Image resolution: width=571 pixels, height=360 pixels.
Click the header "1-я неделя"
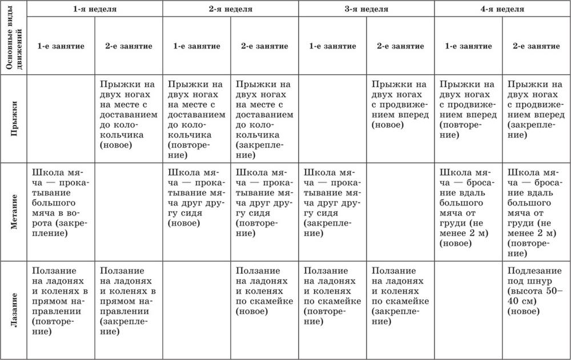(95, 10)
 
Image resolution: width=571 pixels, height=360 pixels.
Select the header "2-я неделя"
(230, 10)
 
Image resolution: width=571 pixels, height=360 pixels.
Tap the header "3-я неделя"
(367, 10)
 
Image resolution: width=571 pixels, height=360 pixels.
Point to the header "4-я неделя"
(502, 10)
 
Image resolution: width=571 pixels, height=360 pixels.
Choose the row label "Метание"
(14, 212)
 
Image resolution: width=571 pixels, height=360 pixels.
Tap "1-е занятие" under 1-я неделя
(61, 46)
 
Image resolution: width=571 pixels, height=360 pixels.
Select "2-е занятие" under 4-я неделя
(536, 46)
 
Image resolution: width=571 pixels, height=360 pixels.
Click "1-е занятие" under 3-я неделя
(332, 46)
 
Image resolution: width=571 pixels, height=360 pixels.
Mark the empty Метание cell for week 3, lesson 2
(400, 212)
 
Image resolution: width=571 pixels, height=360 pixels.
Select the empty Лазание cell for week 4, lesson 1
(468, 308)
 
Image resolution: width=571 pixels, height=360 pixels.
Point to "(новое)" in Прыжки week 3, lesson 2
(387, 124)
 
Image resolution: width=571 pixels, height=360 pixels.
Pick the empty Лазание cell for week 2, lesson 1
(197, 308)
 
